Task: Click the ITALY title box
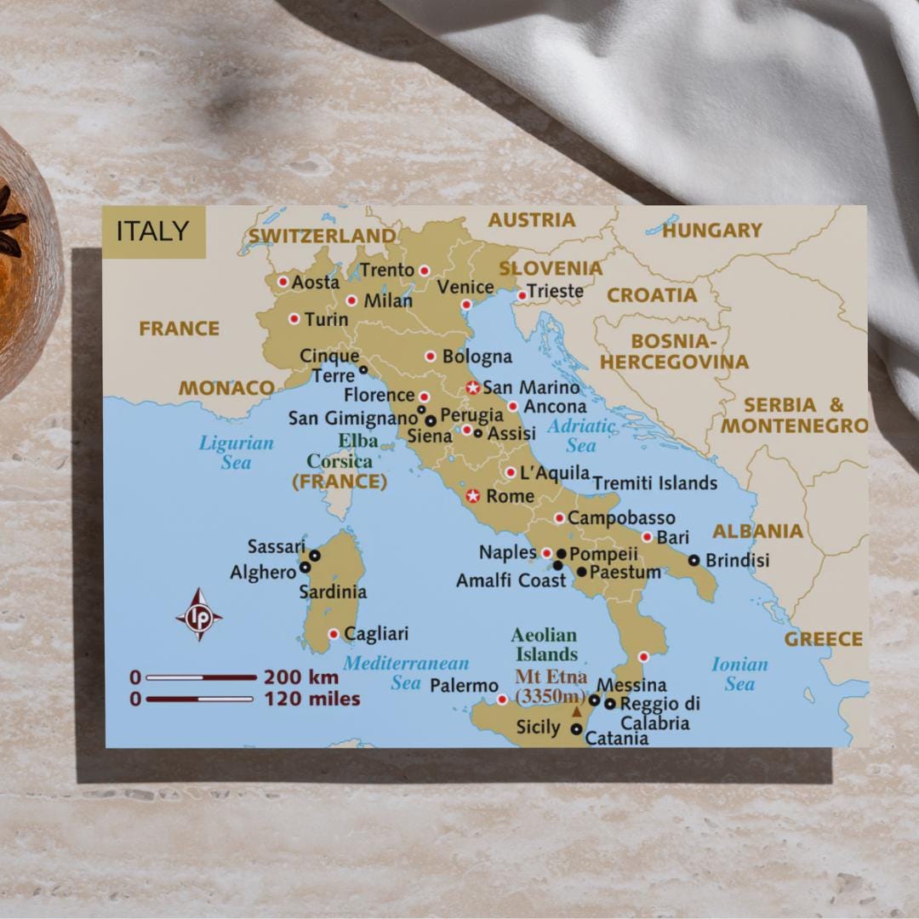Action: [x=153, y=231]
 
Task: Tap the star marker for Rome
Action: [x=473, y=496]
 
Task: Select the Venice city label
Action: [x=465, y=288]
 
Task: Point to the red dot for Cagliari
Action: [x=334, y=634]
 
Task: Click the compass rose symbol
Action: [x=199, y=614]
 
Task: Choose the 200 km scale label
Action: [x=300, y=678]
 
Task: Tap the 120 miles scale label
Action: [x=311, y=699]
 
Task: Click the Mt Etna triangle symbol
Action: [x=577, y=712]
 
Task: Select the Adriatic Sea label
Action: [x=581, y=435]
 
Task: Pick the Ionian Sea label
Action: [x=739, y=674]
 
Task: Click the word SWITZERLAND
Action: [x=323, y=236]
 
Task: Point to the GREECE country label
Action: [x=823, y=639]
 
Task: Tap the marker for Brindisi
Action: [x=694, y=560]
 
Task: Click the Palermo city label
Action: [x=464, y=685]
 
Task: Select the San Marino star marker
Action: [x=473, y=387]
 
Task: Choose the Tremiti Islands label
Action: [x=654, y=483]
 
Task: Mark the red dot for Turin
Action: [x=294, y=319]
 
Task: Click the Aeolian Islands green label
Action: [x=545, y=645]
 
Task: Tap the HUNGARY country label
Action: [x=712, y=230]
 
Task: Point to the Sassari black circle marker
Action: [x=314, y=555]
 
